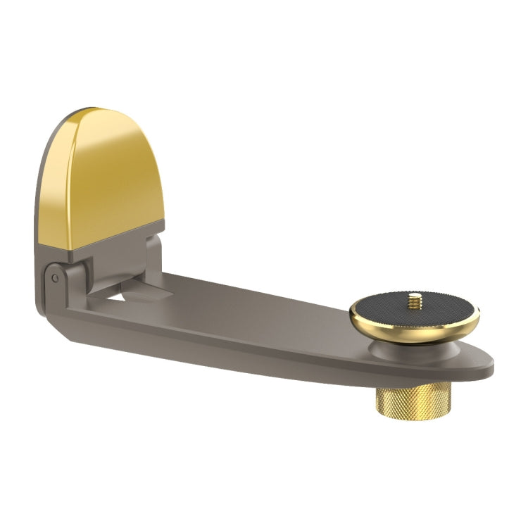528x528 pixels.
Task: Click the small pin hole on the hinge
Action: tap(55, 277)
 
